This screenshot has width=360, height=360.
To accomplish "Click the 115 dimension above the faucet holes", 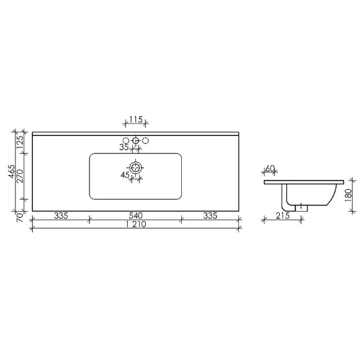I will pyautogui.click(x=136, y=120).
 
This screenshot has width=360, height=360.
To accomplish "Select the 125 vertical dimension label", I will pyautogui.click(x=20, y=142).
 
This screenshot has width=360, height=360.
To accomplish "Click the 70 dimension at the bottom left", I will pyautogui.click(x=20, y=217).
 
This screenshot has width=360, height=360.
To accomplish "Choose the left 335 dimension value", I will pyautogui.click(x=60, y=216).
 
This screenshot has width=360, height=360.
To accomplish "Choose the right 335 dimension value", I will pyautogui.click(x=210, y=216).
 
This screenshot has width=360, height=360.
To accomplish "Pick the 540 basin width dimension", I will pyautogui.click(x=135, y=216).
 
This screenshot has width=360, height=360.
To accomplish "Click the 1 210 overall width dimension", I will pyautogui.click(x=135, y=226).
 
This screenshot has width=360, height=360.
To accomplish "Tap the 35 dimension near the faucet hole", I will pyautogui.click(x=124, y=148).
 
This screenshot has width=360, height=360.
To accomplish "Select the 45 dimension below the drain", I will pyautogui.click(x=125, y=176).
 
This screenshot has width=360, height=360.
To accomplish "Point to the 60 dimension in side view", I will pyautogui.click(x=270, y=169).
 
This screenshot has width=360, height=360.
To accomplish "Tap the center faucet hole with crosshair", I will pyautogui.click(x=136, y=141).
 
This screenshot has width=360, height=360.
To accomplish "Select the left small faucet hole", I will pyautogui.click(x=127, y=141).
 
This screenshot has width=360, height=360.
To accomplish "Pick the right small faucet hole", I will pyautogui.click(x=145, y=141).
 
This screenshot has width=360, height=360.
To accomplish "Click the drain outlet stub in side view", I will pyautogui.click(x=302, y=208).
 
